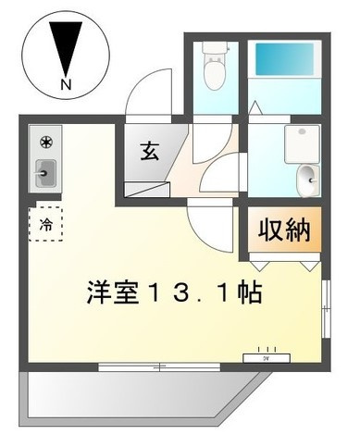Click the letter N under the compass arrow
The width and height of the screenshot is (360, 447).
[x=66, y=84]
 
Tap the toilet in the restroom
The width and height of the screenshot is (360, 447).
[x=215, y=66]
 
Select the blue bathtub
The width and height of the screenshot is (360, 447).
[x=284, y=59]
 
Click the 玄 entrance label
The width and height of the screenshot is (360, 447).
[x=150, y=151]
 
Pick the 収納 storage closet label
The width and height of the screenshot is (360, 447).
[x=284, y=230]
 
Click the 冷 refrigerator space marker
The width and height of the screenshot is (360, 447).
[x=46, y=224]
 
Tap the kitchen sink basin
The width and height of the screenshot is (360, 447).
[x=45, y=173]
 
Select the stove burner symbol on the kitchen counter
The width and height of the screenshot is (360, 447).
[x=46, y=143]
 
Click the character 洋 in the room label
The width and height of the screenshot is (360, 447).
[x=99, y=292]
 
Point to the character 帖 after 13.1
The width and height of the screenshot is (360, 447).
[x=250, y=292]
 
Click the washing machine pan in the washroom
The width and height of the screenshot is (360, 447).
[x=302, y=144]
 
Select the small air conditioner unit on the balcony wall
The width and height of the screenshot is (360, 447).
[x=267, y=358]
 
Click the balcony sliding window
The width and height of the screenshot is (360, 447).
[x=159, y=366]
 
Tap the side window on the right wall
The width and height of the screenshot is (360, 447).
[x=326, y=309]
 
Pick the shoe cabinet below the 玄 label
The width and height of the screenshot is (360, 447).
[x=147, y=190]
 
